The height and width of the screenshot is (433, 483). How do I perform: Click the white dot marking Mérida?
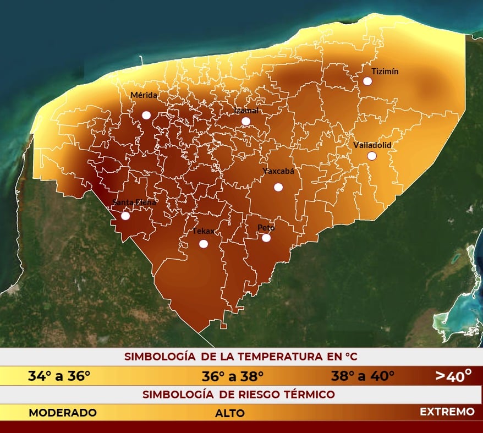(x=146, y=115)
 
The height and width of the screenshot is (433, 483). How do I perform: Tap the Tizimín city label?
(x=385, y=72)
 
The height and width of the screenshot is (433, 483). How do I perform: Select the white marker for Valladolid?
(x=372, y=156)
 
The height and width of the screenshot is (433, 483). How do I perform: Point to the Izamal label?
(x=246, y=111)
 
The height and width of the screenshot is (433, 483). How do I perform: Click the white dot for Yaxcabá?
(x=278, y=187)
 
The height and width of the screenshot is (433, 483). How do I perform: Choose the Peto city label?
(x=266, y=228)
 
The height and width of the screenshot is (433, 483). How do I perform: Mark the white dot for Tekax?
(x=204, y=244)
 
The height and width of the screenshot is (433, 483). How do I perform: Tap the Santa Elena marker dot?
(x=125, y=216)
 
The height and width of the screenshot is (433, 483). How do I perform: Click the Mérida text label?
(x=144, y=95)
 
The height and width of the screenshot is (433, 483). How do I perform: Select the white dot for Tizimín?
(x=367, y=81)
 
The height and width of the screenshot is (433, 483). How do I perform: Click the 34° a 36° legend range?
(x=59, y=377)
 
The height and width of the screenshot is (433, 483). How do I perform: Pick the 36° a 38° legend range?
(x=233, y=377)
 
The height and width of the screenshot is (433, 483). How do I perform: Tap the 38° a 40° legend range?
(x=363, y=377)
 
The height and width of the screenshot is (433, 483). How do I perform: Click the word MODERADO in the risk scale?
(x=63, y=412)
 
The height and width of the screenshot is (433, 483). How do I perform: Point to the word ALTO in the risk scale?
(x=230, y=413)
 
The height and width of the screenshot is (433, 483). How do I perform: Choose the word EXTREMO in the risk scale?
(x=447, y=412)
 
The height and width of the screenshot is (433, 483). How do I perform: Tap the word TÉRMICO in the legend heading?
(x=309, y=394)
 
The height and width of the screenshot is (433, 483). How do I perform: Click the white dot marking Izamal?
(x=246, y=121)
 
